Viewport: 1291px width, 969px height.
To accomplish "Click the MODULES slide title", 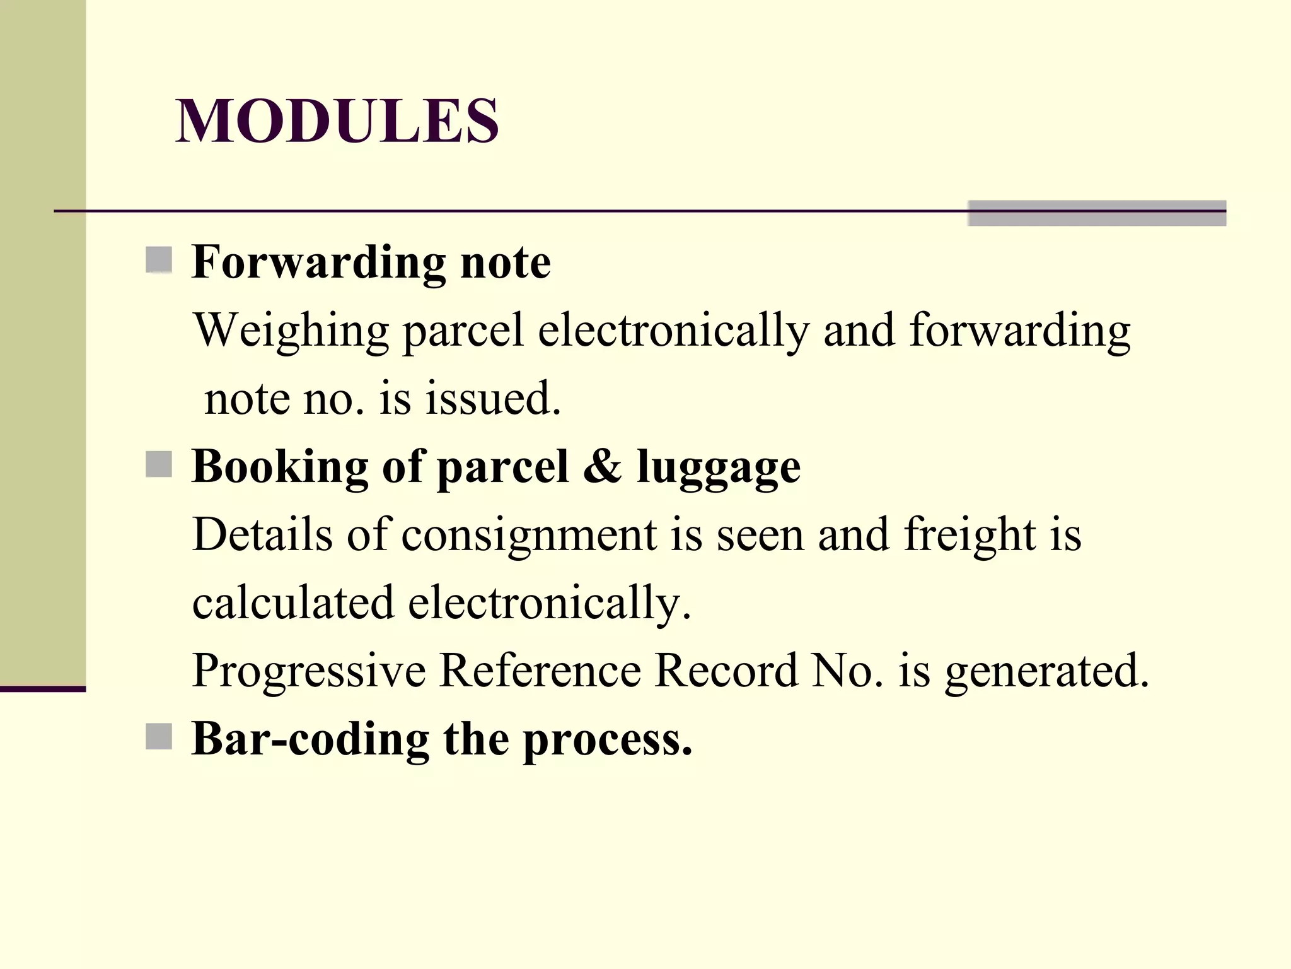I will tap(337, 121).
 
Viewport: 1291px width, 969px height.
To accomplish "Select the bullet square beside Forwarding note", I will tap(159, 260).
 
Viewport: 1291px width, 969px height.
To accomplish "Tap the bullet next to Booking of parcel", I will tap(159, 465).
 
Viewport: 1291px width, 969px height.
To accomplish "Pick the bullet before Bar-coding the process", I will tap(159, 736).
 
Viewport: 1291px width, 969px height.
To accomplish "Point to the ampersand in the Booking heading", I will tap(602, 466).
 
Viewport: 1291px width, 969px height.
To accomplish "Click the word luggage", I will tap(719, 469).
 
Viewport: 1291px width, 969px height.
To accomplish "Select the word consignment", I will tap(530, 536).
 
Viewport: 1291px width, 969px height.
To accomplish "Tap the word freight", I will tap(970, 536).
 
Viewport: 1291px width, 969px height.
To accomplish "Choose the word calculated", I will tap(293, 602).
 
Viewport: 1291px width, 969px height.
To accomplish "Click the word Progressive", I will tap(309, 671).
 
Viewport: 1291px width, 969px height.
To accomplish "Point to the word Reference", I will tap(540, 670).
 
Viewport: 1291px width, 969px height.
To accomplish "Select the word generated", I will tap(1046, 671).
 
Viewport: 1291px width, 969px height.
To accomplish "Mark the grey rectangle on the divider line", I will tap(1097, 213).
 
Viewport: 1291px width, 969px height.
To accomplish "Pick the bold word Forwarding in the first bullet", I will tap(319, 262).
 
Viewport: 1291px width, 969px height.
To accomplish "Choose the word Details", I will tap(262, 534).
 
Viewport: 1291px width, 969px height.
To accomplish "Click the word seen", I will tap(760, 536).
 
